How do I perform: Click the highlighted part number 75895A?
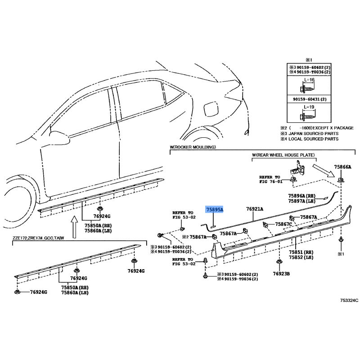click(x=215, y=209)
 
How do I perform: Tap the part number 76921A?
click(x=255, y=209)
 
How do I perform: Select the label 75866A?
click(x=342, y=167)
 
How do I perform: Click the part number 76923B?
click(x=281, y=274)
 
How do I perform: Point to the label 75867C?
click(x=283, y=224)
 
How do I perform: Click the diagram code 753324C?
click(x=349, y=300)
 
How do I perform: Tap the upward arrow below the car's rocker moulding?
click(x=74, y=227)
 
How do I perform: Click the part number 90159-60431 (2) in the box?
click(x=310, y=99)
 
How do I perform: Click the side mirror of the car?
click(x=59, y=137)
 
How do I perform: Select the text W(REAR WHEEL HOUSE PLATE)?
click(x=283, y=155)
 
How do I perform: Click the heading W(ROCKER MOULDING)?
click(x=193, y=147)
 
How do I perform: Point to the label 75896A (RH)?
click(x=301, y=196)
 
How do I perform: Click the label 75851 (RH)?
click(x=301, y=252)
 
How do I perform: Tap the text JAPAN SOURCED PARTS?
click(x=313, y=133)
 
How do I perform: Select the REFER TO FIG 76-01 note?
click(x=270, y=179)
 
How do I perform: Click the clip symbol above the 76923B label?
click(x=279, y=262)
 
